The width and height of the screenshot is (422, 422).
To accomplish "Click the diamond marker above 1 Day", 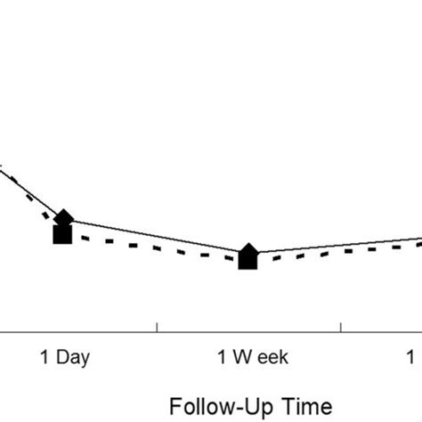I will [64, 216].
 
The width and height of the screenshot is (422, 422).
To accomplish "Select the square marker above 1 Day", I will [62, 235].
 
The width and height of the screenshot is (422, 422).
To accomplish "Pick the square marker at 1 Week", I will [248, 261].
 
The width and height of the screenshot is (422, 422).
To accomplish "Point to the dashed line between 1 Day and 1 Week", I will [156, 248].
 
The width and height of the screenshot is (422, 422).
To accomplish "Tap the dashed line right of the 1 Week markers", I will [338, 253].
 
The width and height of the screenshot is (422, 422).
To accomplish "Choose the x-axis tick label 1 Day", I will [63, 358].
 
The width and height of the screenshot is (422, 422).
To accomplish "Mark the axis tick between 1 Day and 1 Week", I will [157, 328].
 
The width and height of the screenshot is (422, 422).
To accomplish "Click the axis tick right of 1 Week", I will [341, 328].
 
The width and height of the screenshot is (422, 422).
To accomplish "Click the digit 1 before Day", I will [45, 358].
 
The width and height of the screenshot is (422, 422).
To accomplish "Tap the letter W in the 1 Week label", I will [240, 358].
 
